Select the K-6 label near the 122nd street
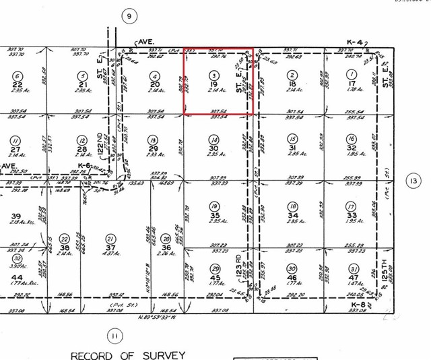(x=84, y=165)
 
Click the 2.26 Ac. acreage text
(x=166, y=254)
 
